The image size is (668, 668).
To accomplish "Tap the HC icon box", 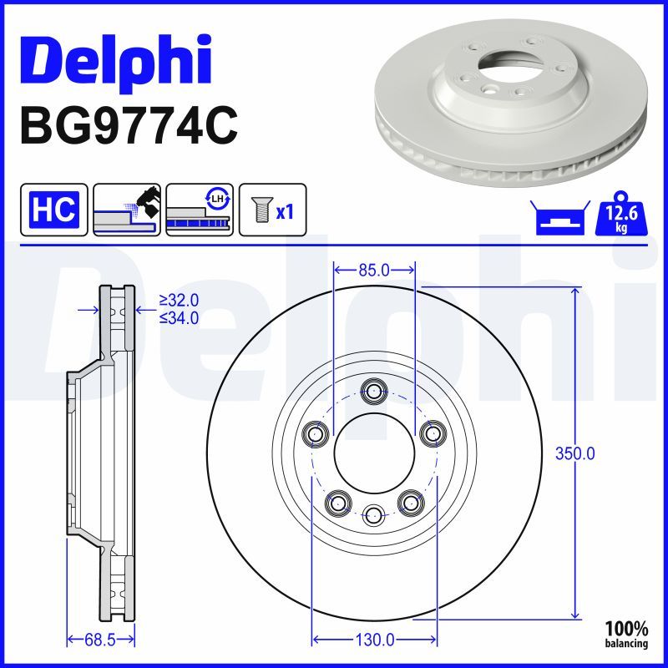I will pos(53,209).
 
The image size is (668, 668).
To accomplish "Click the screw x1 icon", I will pos(272,209).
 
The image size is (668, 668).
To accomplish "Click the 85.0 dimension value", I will pos(374,270).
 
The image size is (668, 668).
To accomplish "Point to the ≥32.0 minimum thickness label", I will pos(179,300).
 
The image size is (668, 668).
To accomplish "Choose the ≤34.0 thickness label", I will pos(179,316).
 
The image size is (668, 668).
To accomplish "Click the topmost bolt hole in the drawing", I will pos(373,390).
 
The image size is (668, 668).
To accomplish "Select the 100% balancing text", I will pos(626,633).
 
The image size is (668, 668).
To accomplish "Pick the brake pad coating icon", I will pos(128,209).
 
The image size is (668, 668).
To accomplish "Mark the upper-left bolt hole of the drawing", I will pos(314,433).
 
